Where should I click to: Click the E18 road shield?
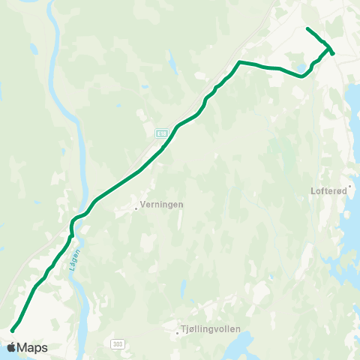[161, 133]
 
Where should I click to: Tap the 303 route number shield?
[116, 343]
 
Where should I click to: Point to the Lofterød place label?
[328, 190]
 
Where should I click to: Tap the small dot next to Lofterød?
[349, 184]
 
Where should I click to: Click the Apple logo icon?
[11, 347]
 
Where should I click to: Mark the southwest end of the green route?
[12, 329]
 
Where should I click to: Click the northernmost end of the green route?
[307, 28]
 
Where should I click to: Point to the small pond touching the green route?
[301, 70]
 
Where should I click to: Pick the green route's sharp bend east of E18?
[239, 61]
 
